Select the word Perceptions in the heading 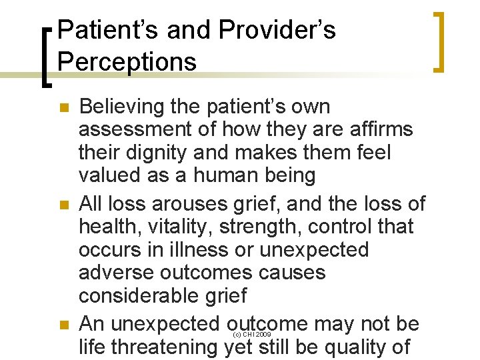pyautogui.click(x=127, y=61)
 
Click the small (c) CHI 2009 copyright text pyautogui.click(x=251, y=334)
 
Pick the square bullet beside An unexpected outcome pyautogui.click(x=64, y=325)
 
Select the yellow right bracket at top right pyautogui.click(x=438, y=41)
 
